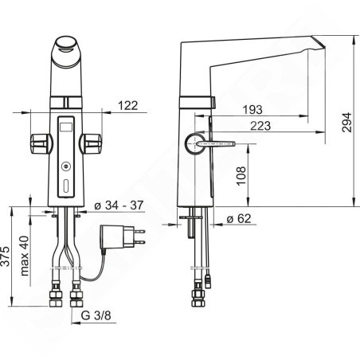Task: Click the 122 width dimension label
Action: tap(128, 105)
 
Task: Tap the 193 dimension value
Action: tap(252, 109)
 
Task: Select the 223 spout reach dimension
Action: tap(260, 126)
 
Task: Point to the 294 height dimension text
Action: tap(346, 123)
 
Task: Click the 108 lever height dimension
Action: tap(241, 176)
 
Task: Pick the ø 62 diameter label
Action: tap(239, 218)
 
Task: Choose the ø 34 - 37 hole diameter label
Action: tap(119, 205)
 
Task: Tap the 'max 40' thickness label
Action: tap(25, 256)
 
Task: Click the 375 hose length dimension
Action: tap(5, 256)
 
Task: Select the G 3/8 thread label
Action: tap(96, 315)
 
